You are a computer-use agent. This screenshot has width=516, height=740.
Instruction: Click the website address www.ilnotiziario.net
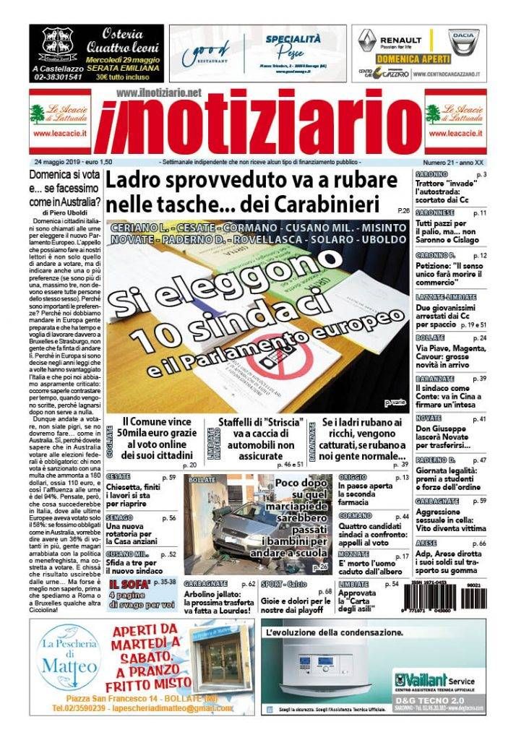(158, 93)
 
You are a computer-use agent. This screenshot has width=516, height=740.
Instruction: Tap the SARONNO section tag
(432, 175)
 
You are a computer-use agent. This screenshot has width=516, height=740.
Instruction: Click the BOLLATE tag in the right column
(431, 338)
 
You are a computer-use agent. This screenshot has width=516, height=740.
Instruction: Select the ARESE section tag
(427, 543)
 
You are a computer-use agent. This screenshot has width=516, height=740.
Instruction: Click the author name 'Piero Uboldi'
(71, 213)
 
